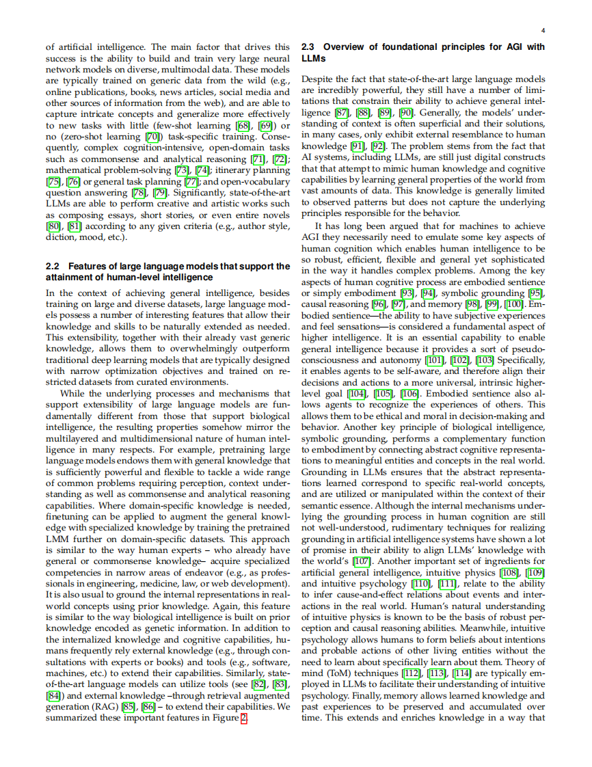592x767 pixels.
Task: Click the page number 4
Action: click(x=543, y=31)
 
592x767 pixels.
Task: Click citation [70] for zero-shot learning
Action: click(x=154, y=137)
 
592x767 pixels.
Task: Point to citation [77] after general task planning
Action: click(x=192, y=181)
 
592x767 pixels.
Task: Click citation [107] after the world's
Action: click(x=362, y=561)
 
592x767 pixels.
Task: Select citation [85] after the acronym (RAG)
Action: click(x=128, y=708)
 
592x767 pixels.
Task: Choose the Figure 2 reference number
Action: click(x=243, y=718)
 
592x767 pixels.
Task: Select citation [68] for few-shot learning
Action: click(x=241, y=126)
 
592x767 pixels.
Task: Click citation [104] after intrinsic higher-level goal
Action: click(x=357, y=394)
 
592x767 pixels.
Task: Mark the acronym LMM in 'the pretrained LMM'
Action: click(x=58, y=539)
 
